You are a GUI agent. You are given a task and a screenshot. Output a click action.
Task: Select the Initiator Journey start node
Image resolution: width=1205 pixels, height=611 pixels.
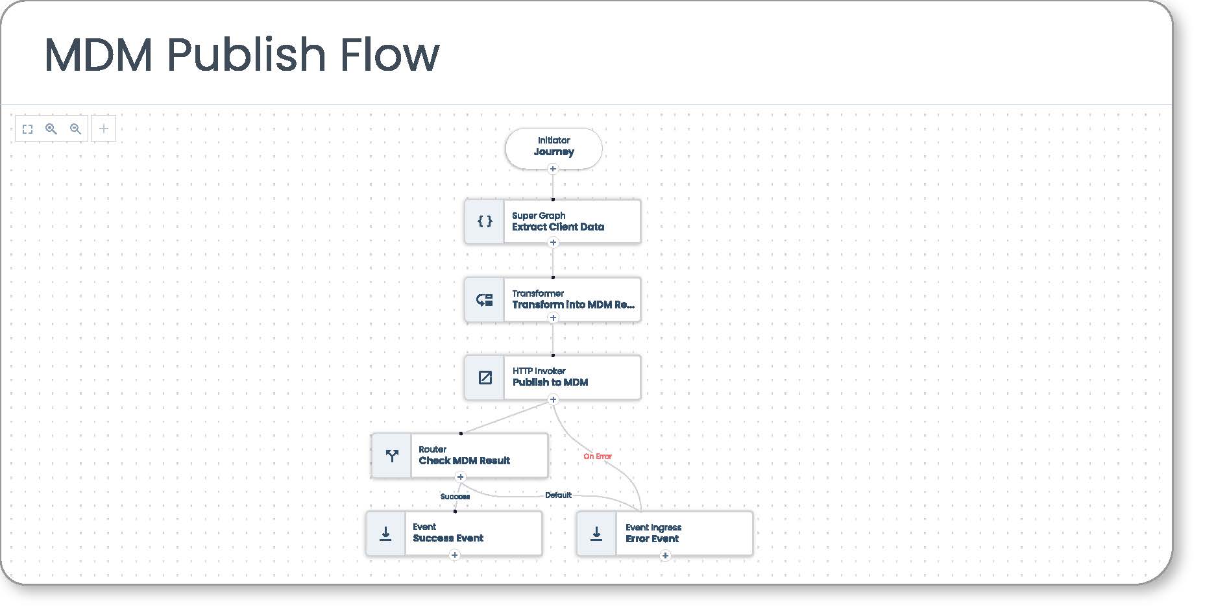coord(554,148)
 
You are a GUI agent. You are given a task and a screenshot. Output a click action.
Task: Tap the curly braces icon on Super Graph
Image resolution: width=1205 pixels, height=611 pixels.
coord(485,221)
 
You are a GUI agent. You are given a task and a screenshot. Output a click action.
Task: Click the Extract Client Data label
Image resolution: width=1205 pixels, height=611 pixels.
coord(558,227)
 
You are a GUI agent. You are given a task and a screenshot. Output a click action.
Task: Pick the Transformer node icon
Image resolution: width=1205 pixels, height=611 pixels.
coord(485,299)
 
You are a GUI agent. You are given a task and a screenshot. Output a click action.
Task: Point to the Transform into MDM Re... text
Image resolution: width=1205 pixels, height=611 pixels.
coord(573,305)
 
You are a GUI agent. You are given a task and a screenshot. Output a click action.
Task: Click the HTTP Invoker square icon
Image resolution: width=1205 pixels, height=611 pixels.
coord(485,377)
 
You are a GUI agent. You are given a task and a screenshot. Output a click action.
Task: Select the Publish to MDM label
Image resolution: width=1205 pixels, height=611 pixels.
coord(550,382)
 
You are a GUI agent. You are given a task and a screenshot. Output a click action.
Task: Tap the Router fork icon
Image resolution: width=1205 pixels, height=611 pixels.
coord(392,456)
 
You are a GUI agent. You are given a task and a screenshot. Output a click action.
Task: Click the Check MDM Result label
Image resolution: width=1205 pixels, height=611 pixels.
coord(465,460)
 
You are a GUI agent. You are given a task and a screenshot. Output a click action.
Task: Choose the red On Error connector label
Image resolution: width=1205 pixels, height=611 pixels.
coord(598,456)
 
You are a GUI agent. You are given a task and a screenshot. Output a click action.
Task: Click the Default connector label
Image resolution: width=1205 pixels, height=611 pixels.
coord(558,495)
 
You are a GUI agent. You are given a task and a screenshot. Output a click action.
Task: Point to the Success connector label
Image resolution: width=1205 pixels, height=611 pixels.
coord(455,497)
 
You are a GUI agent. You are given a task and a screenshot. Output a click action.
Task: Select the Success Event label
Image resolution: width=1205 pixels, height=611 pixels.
coord(448,538)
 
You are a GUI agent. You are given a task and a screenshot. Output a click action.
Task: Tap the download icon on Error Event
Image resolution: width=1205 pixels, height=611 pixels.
coord(596,534)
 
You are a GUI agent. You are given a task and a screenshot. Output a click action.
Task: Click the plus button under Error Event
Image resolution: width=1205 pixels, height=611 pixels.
coord(665,556)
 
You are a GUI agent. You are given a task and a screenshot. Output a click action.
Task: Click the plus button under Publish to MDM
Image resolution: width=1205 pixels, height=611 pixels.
coord(553,400)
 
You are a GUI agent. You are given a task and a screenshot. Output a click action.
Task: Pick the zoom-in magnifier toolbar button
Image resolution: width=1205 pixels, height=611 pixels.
coord(51,129)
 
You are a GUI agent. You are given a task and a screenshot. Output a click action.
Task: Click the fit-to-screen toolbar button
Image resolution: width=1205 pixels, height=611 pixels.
coord(27,129)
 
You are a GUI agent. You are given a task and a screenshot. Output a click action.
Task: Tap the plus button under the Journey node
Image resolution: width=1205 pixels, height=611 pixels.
coord(553,169)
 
